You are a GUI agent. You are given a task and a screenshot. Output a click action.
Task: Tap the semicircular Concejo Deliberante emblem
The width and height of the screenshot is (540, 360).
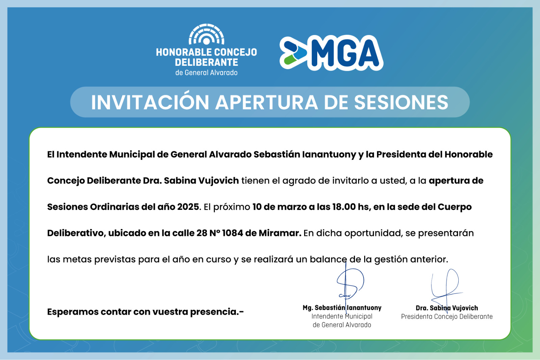pyautogui.click(x=206, y=34)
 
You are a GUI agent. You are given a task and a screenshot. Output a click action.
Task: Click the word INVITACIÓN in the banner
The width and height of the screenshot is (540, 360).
pyautogui.click(x=150, y=102)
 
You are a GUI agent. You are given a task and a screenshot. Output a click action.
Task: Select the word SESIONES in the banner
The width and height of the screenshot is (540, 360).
pyautogui.click(x=401, y=102)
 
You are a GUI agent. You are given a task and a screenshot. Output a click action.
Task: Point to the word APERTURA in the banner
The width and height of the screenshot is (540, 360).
pyautogui.click(x=266, y=102)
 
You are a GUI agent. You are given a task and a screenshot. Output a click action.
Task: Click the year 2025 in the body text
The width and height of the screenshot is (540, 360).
pyautogui.click(x=188, y=207)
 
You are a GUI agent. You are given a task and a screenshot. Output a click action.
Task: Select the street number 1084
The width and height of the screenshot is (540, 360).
pyautogui.click(x=233, y=233)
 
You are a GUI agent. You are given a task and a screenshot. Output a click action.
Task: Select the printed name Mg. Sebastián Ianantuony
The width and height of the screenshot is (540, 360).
pyautogui.click(x=342, y=308)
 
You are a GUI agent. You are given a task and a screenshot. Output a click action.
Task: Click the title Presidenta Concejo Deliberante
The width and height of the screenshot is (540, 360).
pyautogui.click(x=447, y=316)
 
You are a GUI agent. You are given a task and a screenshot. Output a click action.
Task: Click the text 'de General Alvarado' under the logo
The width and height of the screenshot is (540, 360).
pyautogui.click(x=206, y=73)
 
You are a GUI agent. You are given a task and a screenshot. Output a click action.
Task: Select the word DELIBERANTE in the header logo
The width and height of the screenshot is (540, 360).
pyautogui.click(x=206, y=62)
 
